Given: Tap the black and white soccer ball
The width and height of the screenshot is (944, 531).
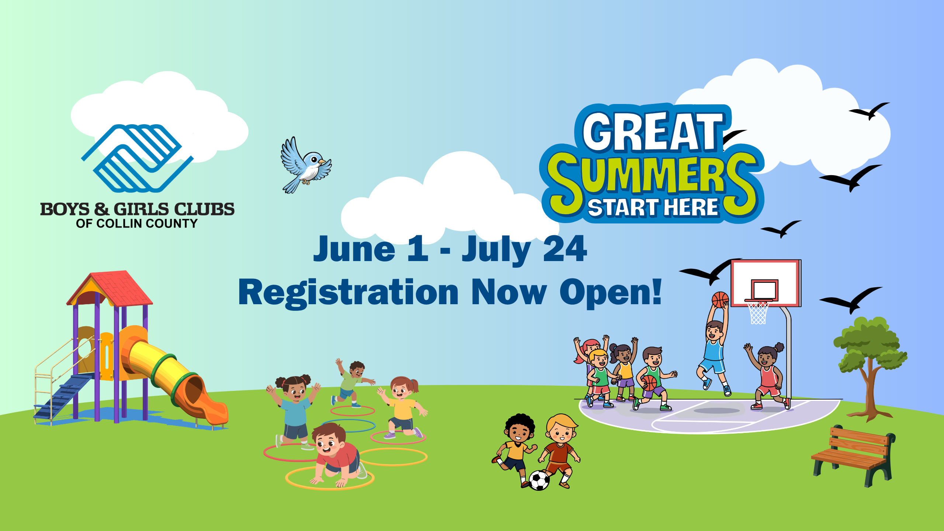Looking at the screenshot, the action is [x=539, y=480].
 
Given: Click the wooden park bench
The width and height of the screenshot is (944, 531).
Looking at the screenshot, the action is [x=853, y=456].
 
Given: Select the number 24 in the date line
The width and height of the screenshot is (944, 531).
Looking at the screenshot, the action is [x=565, y=249].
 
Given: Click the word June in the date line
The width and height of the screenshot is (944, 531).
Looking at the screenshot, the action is [x=354, y=249].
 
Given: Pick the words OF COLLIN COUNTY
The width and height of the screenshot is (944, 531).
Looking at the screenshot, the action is [x=137, y=223].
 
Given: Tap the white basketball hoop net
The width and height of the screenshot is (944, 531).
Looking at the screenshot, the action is [x=758, y=313].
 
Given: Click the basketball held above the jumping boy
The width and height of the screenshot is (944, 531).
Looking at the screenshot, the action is [x=720, y=299].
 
